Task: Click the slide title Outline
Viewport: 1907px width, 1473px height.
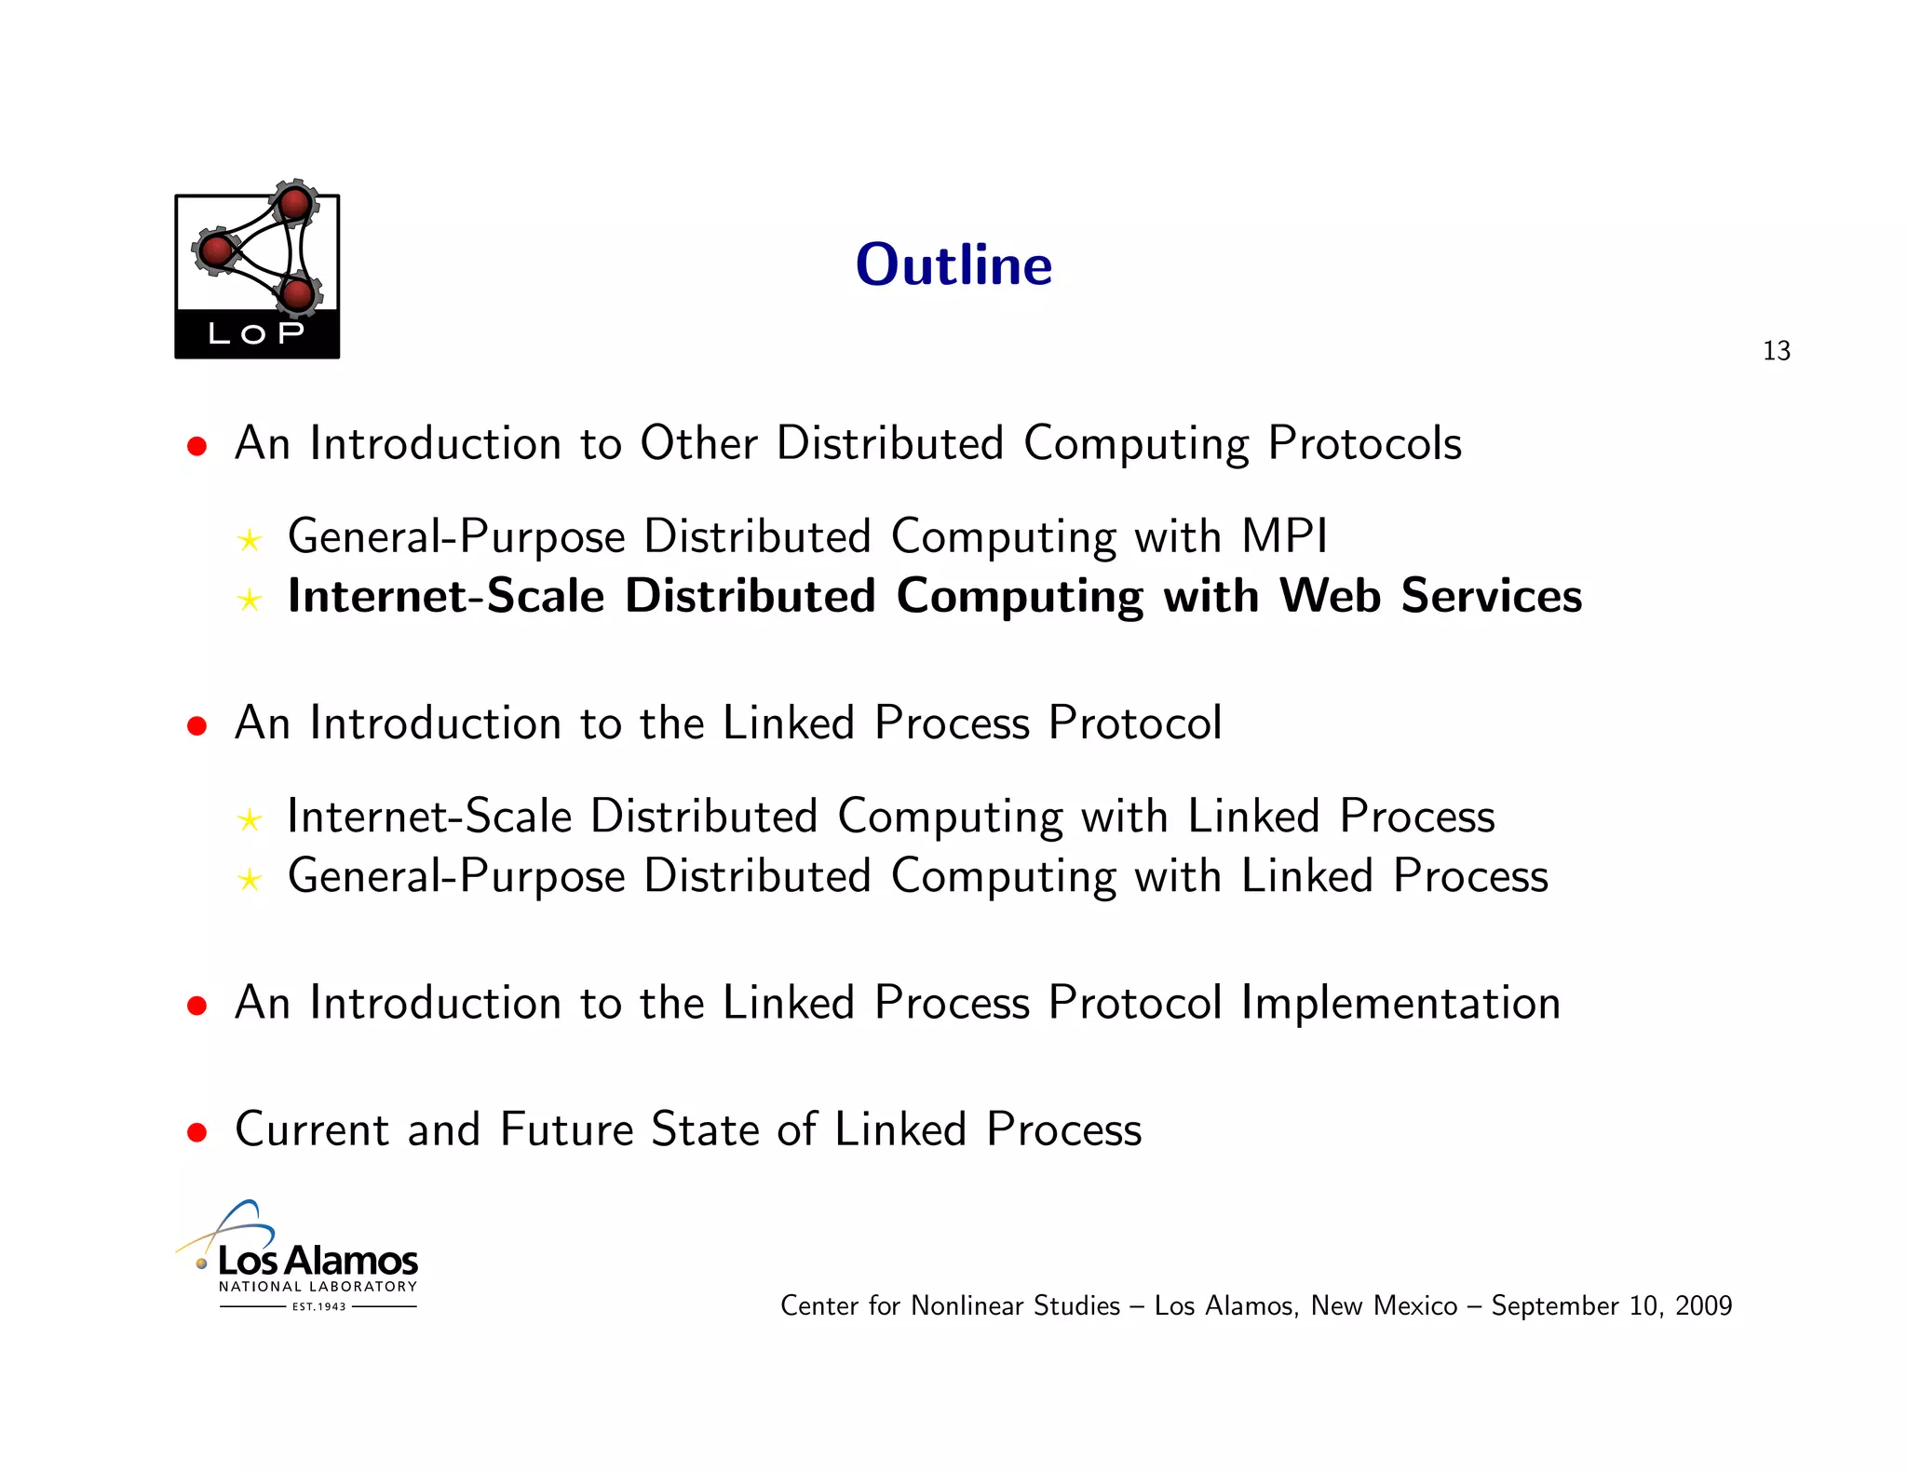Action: tap(953, 265)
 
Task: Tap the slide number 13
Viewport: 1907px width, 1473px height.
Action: tap(1776, 351)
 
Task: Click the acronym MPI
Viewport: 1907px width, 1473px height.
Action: tap(1284, 536)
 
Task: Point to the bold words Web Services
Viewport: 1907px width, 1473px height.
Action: tap(1430, 596)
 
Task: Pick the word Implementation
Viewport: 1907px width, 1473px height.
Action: tap(1400, 1003)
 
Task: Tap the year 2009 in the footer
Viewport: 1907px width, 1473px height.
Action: tap(1703, 1305)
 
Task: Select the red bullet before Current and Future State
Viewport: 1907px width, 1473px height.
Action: tap(196, 1132)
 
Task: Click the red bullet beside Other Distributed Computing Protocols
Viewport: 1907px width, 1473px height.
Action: tap(196, 446)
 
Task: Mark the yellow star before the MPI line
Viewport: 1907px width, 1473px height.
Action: tap(249, 540)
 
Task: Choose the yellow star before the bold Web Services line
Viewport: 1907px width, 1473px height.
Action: tap(249, 600)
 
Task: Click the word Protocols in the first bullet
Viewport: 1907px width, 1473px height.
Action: tap(1364, 444)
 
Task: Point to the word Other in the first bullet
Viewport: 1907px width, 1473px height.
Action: tap(698, 444)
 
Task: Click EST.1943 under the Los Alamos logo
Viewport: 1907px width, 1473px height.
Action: tap(318, 1306)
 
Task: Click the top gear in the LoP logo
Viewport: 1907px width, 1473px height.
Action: tap(295, 203)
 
